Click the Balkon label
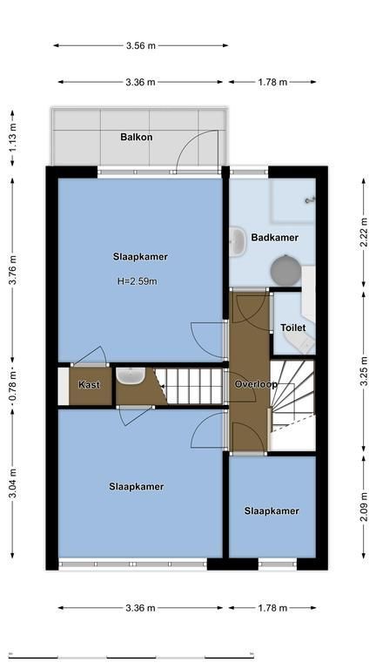coord(137,137)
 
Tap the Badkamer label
coord(274,238)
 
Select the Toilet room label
coord(292,328)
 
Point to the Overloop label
coord(256,384)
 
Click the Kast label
coord(89,384)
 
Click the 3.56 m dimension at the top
coord(141,45)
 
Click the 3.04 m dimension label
coord(13,483)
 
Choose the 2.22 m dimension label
coord(364,233)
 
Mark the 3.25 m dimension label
coord(364,370)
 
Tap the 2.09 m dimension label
coord(364,507)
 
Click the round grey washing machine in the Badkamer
coord(286,270)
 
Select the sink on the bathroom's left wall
coord(237,242)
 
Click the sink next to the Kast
coord(131,375)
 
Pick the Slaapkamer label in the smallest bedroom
coord(272,510)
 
